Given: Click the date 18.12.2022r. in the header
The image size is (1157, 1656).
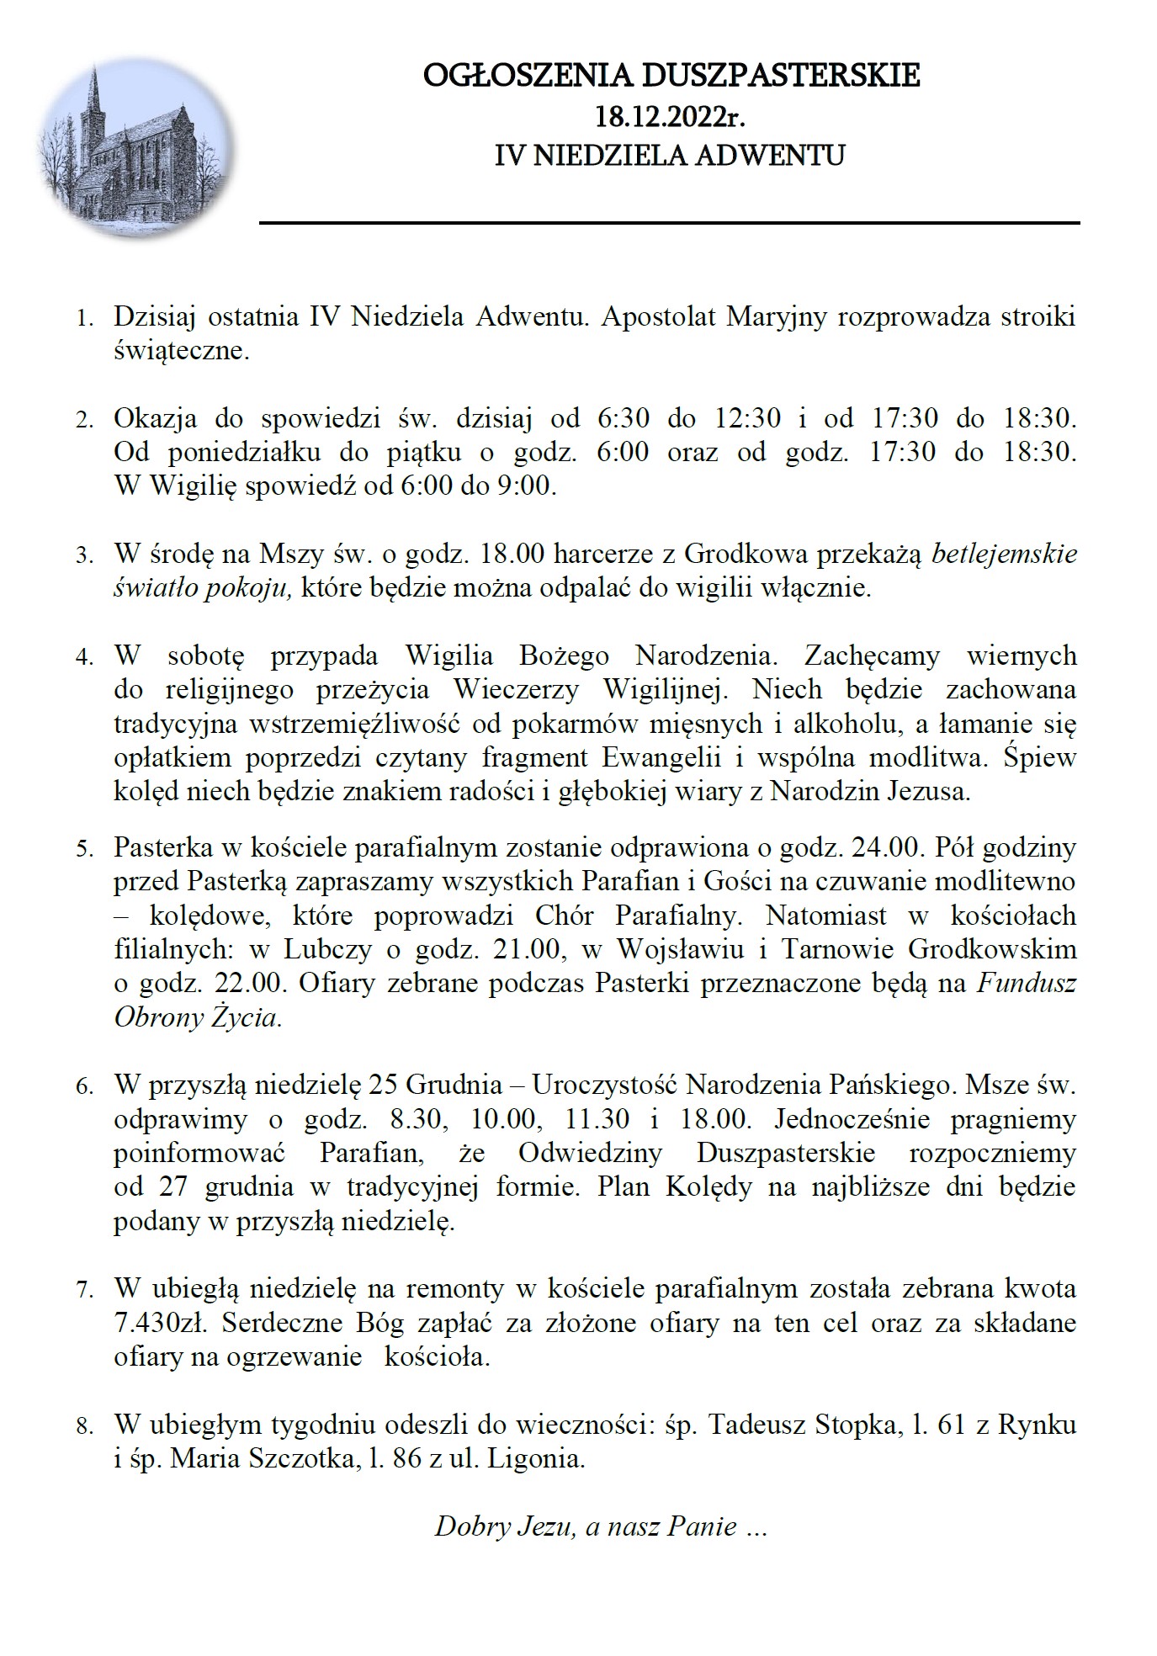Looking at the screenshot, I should coord(671,114).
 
